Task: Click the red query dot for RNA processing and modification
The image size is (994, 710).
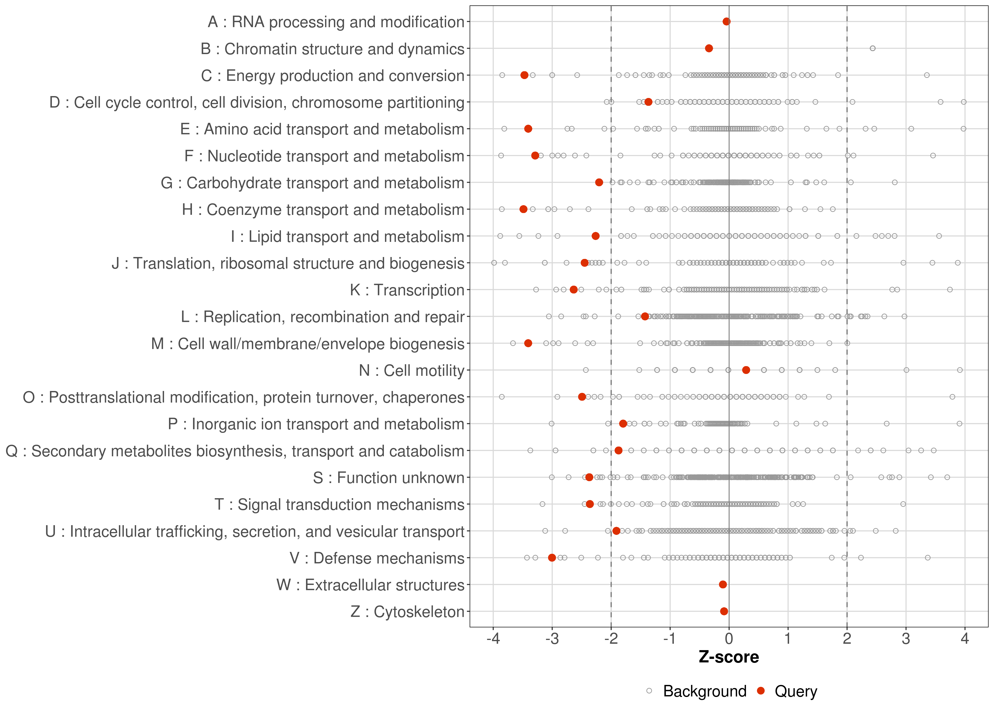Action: coord(727,22)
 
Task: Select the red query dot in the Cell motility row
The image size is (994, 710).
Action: coord(746,370)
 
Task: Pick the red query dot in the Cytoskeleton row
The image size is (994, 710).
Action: coord(724,611)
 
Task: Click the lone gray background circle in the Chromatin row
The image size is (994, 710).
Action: coord(873,48)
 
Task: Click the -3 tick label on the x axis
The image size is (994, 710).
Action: coord(552,639)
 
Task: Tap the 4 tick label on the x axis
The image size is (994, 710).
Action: coord(965,639)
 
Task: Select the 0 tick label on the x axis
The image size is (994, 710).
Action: coord(729,639)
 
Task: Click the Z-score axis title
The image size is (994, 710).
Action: coord(729,657)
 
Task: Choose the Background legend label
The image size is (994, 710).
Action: coord(705,691)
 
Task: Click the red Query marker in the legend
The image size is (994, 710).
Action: coord(761,691)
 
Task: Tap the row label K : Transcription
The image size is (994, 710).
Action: coord(407,290)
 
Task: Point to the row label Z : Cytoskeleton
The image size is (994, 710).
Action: coord(407,612)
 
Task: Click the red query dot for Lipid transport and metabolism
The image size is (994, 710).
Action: coord(595,236)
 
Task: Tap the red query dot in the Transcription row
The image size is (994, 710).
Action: coord(573,289)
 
